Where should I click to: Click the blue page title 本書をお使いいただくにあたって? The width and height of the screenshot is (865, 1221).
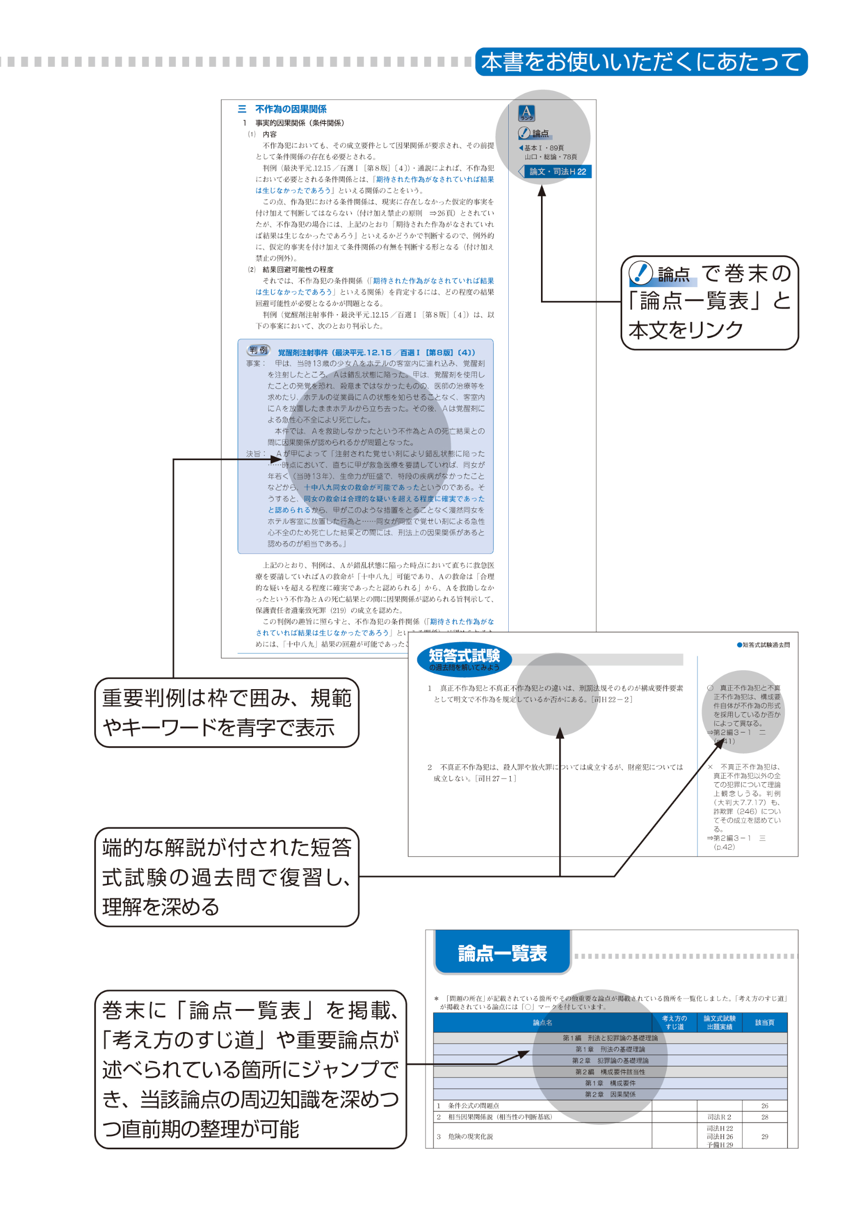click(x=641, y=62)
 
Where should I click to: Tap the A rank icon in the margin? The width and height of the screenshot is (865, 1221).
click(x=526, y=113)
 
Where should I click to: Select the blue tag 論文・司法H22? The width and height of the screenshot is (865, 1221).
click(x=557, y=171)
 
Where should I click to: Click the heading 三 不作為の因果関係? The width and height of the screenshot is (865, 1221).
click(x=282, y=109)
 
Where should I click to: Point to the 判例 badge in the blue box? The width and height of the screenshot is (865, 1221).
click(x=259, y=350)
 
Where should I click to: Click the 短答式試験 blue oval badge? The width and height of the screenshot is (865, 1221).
click(x=464, y=659)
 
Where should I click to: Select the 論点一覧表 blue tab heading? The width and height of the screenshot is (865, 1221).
click(x=502, y=953)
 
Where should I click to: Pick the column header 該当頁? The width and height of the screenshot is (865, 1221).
click(x=764, y=1023)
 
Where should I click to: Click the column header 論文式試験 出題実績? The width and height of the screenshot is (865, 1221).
click(x=719, y=1023)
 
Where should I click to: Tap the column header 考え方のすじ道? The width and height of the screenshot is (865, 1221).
click(x=674, y=1023)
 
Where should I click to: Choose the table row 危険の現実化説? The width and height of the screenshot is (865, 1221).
click(x=470, y=1137)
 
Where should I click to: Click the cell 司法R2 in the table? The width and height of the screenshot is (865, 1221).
click(x=719, y=1116)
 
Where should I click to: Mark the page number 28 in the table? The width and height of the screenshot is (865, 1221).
click(x=764, y=1116)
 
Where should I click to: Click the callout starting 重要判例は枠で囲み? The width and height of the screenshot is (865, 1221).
click(x=226, y=712)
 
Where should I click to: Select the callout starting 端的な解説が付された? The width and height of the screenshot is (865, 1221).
click(x=226, y=877)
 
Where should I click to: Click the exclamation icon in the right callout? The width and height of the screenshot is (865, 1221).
click(x=640, y=273)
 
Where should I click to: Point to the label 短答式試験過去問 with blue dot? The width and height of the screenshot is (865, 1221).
click(x=763, y=645)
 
